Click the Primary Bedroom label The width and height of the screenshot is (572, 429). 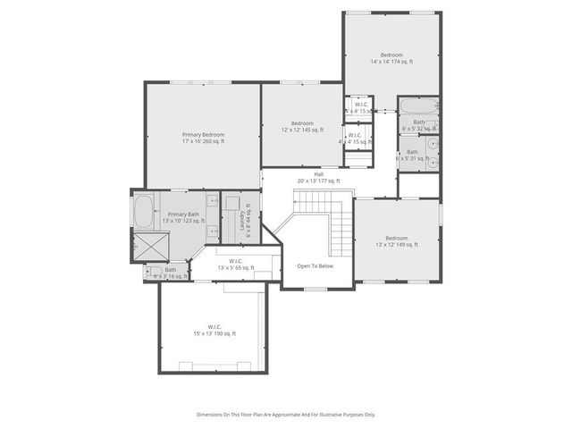(203, 138)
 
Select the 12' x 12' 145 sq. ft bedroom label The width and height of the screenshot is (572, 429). (301, 126)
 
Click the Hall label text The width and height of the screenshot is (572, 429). (318, 177)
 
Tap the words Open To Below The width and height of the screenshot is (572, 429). (315, 265)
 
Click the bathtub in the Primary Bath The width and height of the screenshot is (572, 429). (143, 212)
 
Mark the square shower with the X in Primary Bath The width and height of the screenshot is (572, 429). (145, 246)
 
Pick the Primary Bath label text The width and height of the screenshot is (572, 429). (182, 217)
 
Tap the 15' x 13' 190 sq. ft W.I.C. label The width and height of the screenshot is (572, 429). (214, 330)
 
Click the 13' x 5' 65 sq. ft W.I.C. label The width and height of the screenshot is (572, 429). (235, 265)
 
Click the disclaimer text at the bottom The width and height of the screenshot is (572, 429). (286, 415)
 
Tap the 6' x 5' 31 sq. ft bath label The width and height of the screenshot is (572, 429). (412, 156)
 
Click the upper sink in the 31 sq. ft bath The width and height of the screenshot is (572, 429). (433, 143)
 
